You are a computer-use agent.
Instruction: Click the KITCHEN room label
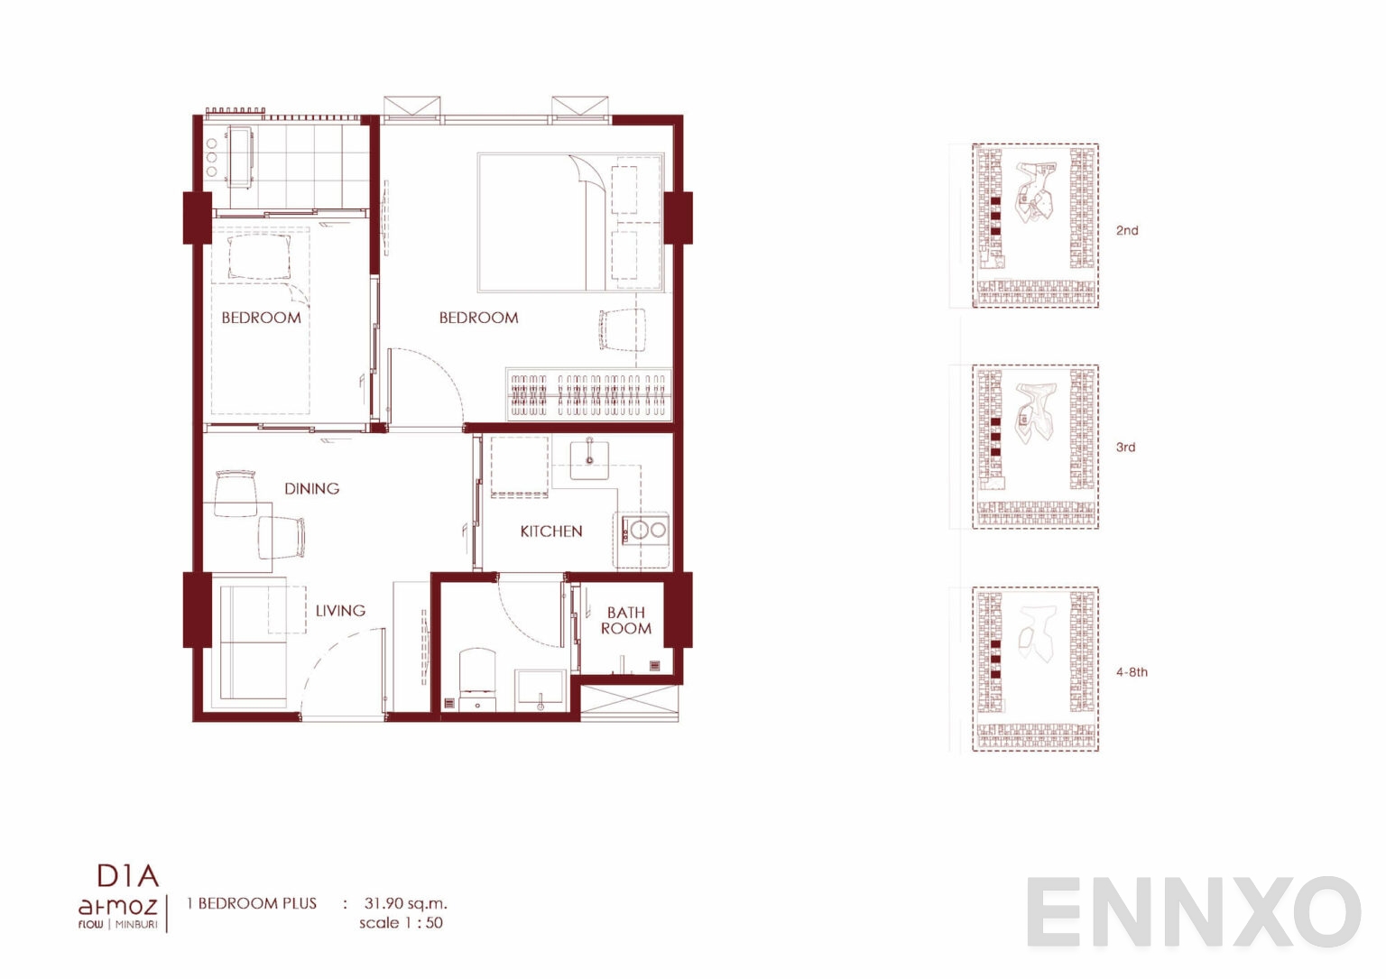click(550, 531)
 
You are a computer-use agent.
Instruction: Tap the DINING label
click(312, 489)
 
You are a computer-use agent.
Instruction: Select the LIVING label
click(340, 611)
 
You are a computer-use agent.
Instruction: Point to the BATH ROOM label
click(625, 621)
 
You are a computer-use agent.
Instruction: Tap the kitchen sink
click(589, 458)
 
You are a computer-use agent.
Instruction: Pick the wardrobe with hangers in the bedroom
click(589, 394)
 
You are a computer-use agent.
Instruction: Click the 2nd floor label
click(1127, 231)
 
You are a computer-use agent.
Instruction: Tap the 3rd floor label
click(1125, 448)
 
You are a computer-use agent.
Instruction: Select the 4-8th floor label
click(1132, 672)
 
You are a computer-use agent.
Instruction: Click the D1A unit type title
click(128, 875)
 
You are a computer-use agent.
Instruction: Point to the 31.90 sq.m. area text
click(405, 904)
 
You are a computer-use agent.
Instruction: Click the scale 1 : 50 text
click(401, 923)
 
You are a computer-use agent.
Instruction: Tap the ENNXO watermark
click(1194, 911)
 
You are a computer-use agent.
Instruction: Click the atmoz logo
click(117, 908)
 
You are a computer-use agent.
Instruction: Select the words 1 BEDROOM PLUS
click(251, 903)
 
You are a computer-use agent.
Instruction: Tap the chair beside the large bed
click(622, 330)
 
